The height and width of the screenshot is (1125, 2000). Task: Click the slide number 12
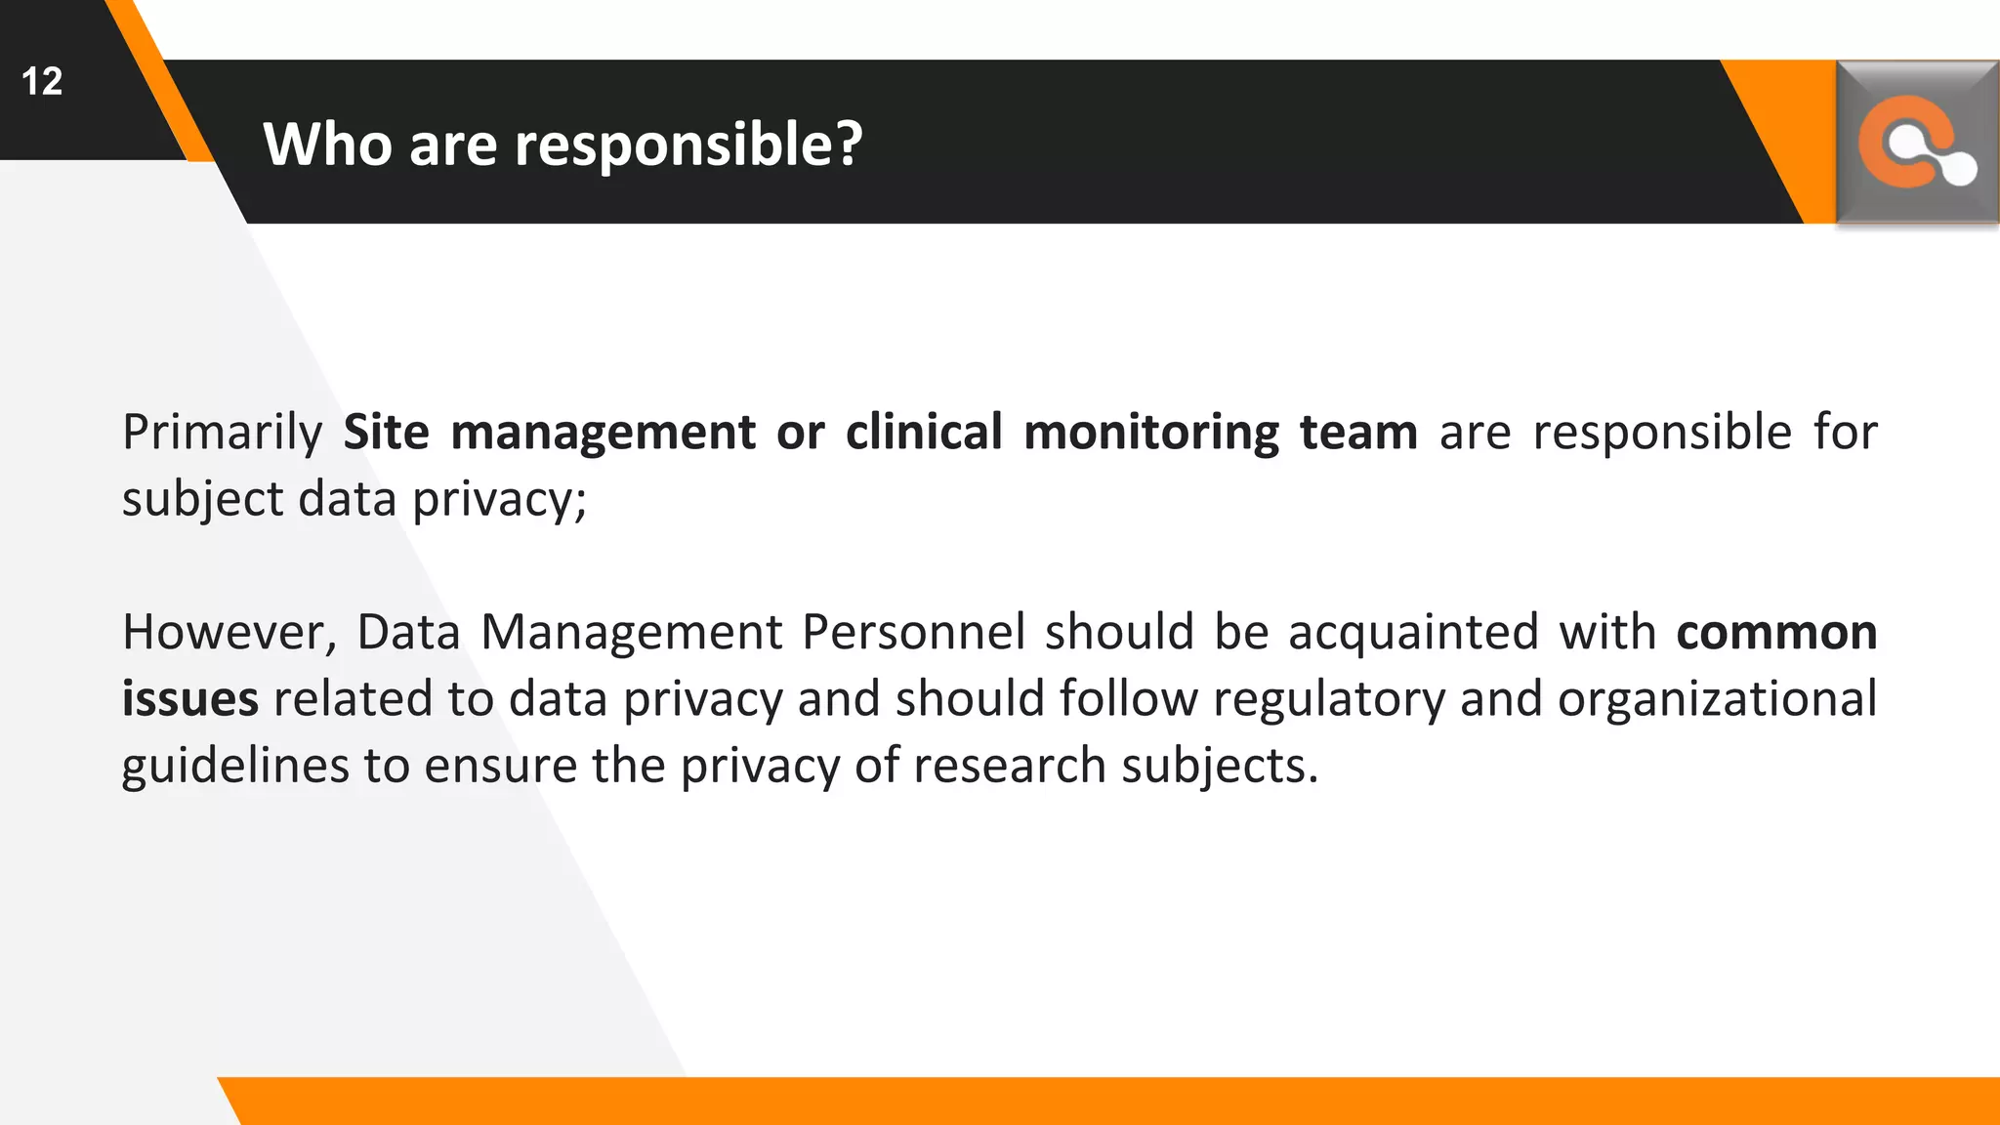[42, 81]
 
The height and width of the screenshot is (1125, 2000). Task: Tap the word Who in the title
[326, 145]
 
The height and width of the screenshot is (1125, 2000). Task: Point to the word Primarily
[222, 433]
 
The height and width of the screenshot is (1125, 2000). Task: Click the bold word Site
[386, 433]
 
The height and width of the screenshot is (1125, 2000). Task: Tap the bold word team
[1358, 433]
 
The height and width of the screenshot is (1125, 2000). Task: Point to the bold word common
[1776, 633]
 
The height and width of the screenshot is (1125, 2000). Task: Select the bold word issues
[189, 699]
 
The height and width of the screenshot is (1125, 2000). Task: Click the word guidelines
[235, 767]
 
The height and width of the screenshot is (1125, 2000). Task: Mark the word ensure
[500, 767]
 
